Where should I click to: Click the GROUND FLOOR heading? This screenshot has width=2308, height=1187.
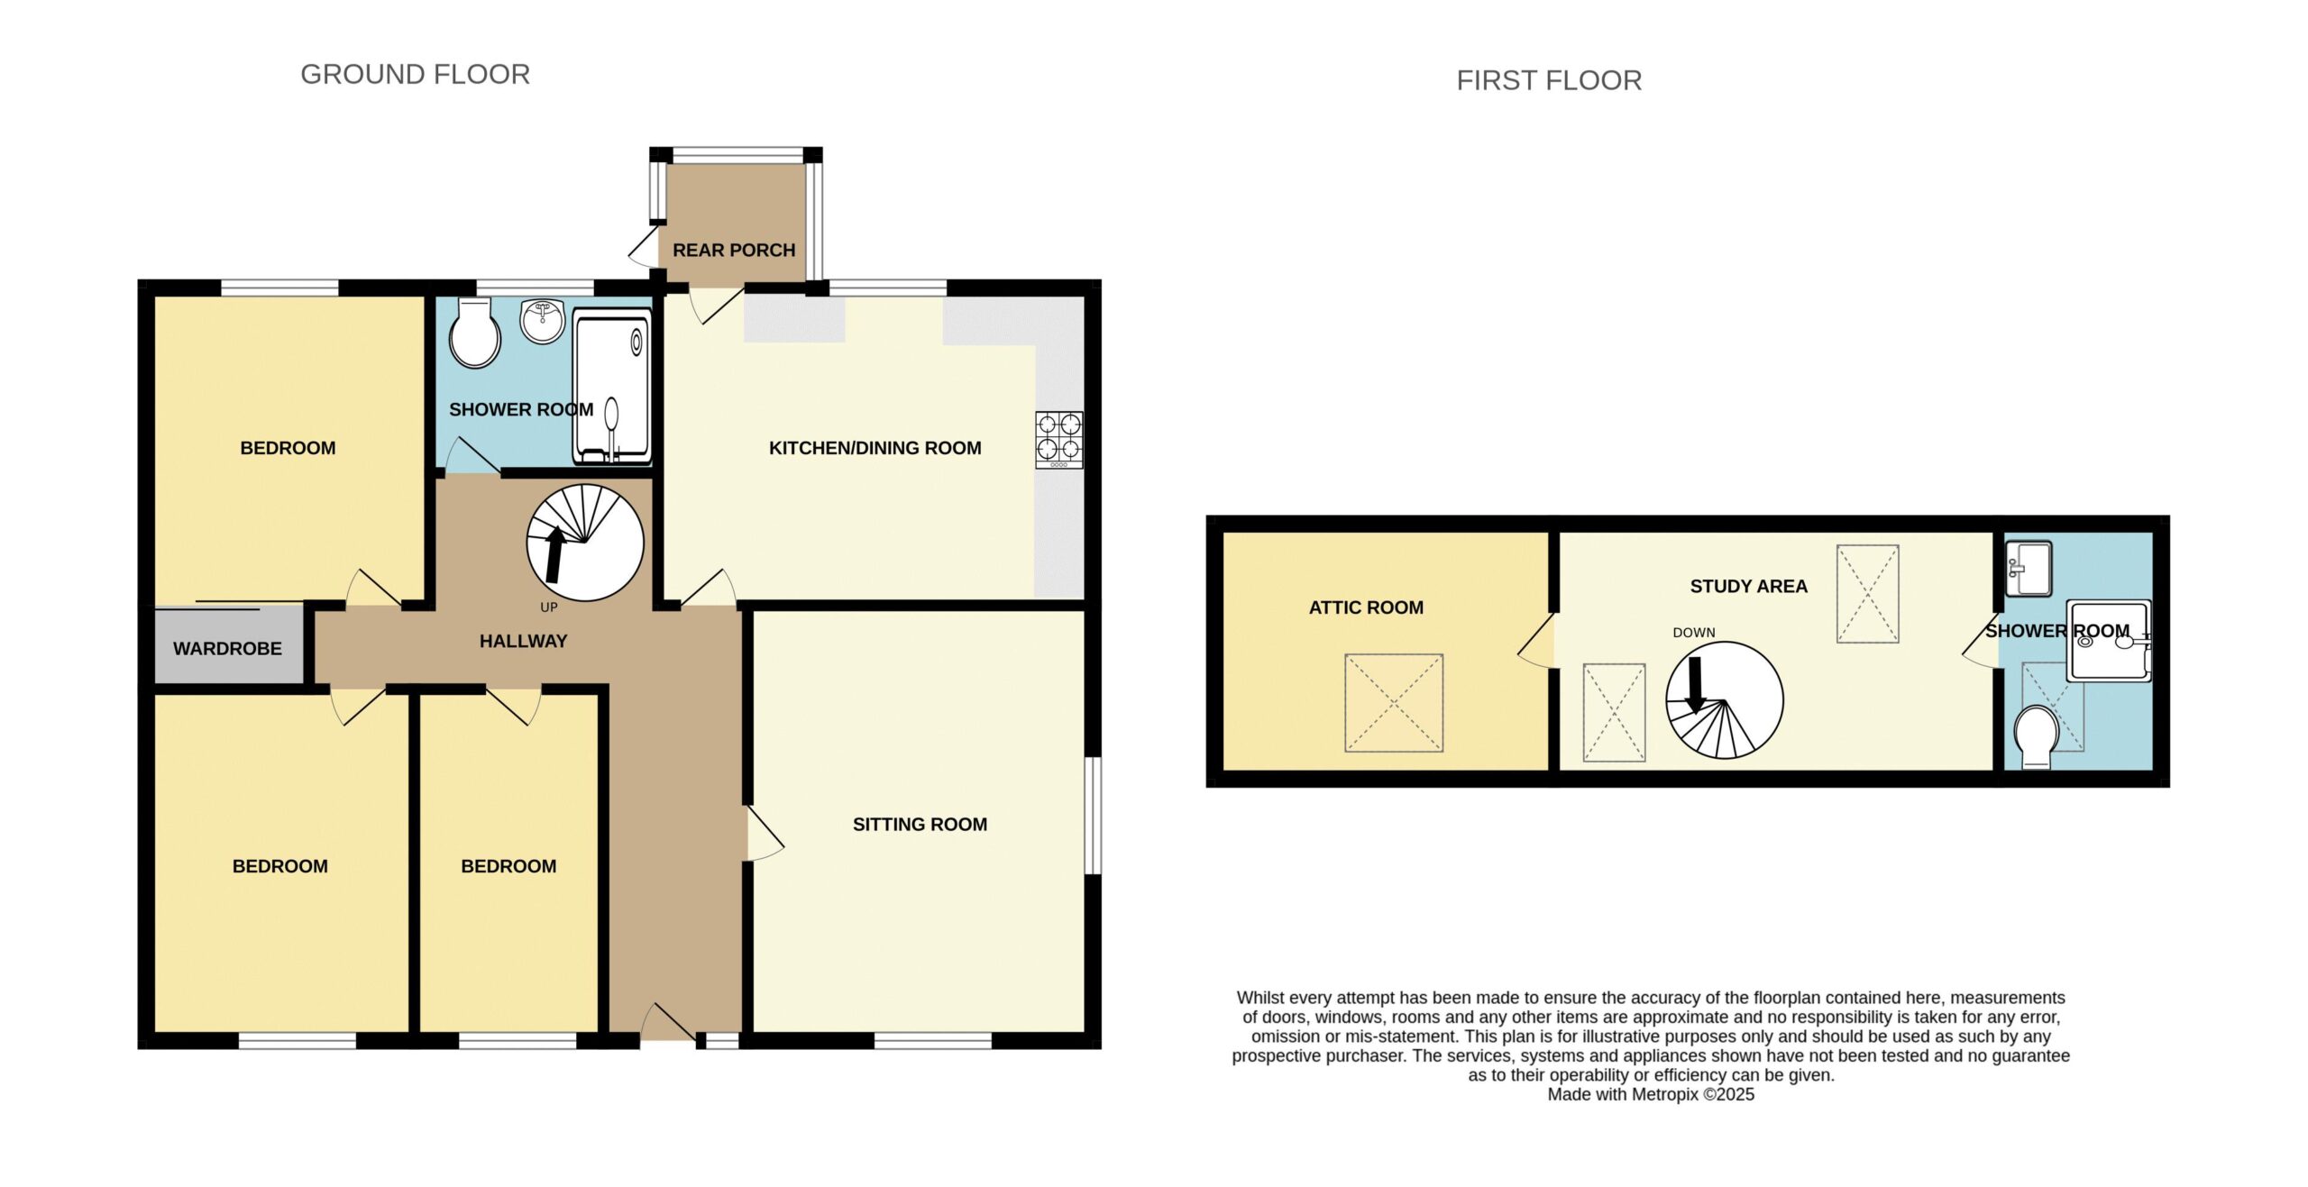pyautogui.click(x=415, y=74)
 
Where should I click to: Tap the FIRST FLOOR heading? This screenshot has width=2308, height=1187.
pyautogui.click(x=1549, y=80)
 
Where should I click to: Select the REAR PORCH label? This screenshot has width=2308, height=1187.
pyautogui.click(x=734, y=250)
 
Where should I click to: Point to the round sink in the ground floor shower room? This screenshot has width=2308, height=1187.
pyautogui.click(x=543, y=322)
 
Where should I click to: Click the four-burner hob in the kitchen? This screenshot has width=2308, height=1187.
pyautogui.click(x=1058, y=440)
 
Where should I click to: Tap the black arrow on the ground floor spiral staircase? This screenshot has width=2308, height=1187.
pyautogui.click(x=555, y=554)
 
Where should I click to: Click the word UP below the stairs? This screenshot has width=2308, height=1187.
pyautogui.click(x=549, y=607)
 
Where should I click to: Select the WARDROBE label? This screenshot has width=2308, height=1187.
pyautogui.click(x=227, y=648)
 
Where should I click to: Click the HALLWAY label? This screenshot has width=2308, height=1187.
pyautogui.click(x=523, y=641)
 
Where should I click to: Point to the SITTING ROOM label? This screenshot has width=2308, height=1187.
pyautogui.click(x=920, y=824)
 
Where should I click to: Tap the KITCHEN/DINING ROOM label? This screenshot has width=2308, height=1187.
pyautogui.click(x=875, y=448)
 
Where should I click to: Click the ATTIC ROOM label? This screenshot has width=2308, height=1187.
pyautogui.click(x=1366, y=607)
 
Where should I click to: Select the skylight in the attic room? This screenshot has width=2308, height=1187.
pyautogui.click(x=1394, y=703)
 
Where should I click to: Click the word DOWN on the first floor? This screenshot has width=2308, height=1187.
pyautogui.click(x=1694, y=633)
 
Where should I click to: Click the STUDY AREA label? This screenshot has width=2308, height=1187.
pyautogui.click(x=1748, y=586)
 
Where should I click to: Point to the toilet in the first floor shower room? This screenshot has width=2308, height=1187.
pyautogui.click(x=2036, y=736)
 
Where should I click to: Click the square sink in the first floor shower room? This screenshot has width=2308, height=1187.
pyautogui.click(x=2028, y=568)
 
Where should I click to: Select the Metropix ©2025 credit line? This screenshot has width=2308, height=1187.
pyautogui.click(x=1651, y=1094)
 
